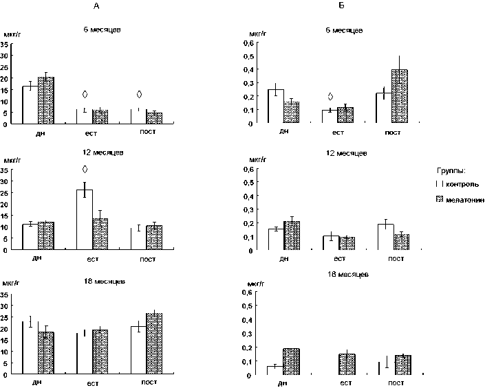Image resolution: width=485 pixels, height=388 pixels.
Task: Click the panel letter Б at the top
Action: point(341,5)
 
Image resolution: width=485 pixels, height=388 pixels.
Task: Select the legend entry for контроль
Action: point(455,185)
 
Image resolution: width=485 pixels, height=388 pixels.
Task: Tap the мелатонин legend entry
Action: point(457,199)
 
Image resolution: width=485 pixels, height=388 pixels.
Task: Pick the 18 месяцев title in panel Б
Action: point(349,274)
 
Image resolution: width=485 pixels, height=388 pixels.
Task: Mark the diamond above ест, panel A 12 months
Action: point(85,170)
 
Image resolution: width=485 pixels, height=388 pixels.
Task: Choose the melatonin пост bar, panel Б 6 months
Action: point(400,97)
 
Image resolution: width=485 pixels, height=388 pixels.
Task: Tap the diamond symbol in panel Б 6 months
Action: point(330,97)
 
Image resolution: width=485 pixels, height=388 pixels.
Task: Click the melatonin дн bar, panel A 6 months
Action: point(45,100)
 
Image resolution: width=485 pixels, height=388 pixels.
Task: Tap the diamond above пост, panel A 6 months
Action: point(139,94)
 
